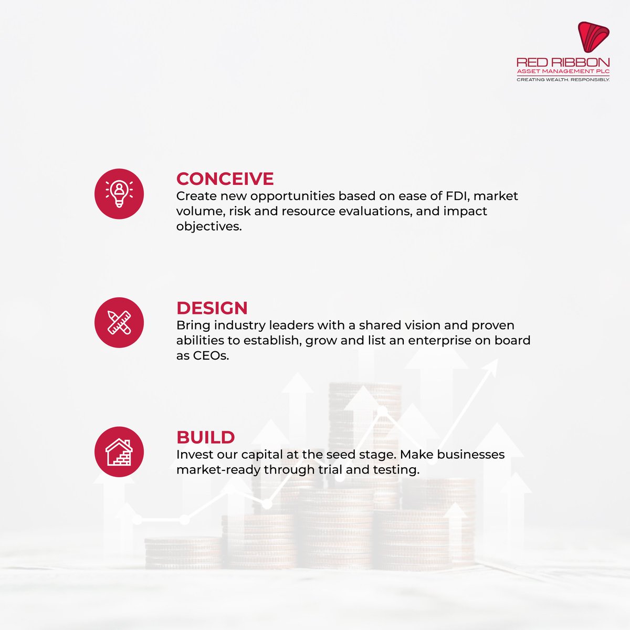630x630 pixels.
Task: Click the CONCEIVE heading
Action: [225, 179]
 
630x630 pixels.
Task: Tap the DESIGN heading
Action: [212, 308]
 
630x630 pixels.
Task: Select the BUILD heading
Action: [205, 437]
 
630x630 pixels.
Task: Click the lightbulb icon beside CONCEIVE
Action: [119, 194]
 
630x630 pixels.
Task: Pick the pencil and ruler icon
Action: [119, 323]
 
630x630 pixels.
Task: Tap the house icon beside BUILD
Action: [119, 452]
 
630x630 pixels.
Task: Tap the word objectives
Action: [209, 227]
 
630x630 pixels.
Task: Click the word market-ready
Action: [218, 470]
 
